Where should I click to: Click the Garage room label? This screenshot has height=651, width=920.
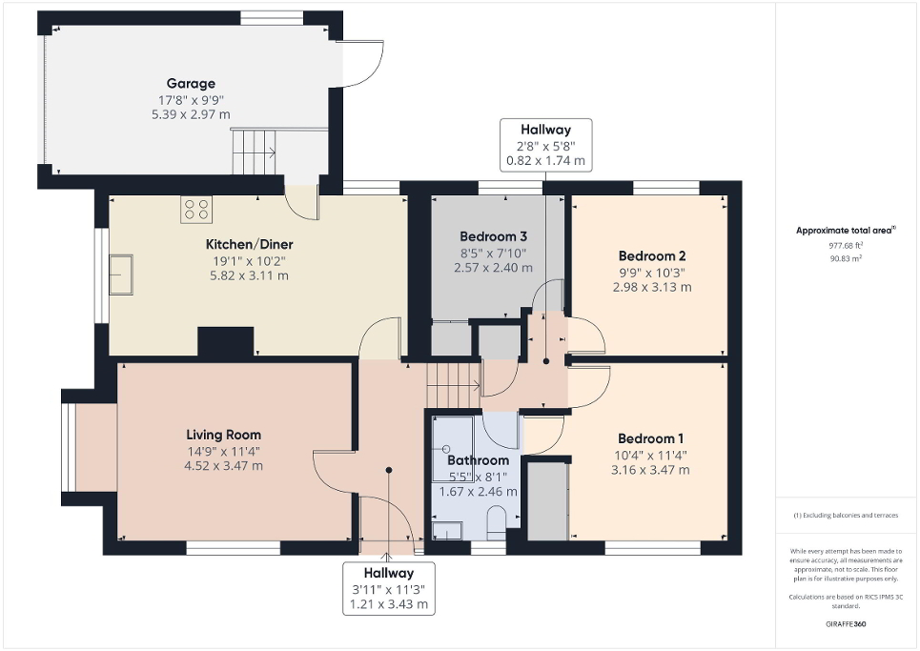(x=191, y=84)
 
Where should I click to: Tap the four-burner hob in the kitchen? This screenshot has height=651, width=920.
(x=196, y=210)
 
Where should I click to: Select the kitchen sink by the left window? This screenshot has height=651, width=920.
(x=122, y=274)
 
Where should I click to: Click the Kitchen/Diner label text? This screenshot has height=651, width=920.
(x=249, y=243)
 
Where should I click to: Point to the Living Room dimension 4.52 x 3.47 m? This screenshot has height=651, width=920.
(x=224, y=466)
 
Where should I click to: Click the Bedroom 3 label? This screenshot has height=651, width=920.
(x=493, y=236)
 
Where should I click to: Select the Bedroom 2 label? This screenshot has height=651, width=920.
(x=652, y=255)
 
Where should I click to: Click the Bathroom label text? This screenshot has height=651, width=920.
(x=478, y=460)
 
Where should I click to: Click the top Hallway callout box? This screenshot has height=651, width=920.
(x=545, y=145)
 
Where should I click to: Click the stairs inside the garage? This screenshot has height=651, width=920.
(x=254, y=152)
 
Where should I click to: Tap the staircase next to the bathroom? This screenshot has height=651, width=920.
(x=452, y=385)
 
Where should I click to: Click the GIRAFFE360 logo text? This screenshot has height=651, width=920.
(x=847, y=624)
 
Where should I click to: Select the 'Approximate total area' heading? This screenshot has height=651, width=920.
(x=846, y=231)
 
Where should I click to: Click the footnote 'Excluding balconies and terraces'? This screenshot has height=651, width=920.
(x=846, y=516)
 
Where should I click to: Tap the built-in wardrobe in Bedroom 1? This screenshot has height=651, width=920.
(x=547, y=499)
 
